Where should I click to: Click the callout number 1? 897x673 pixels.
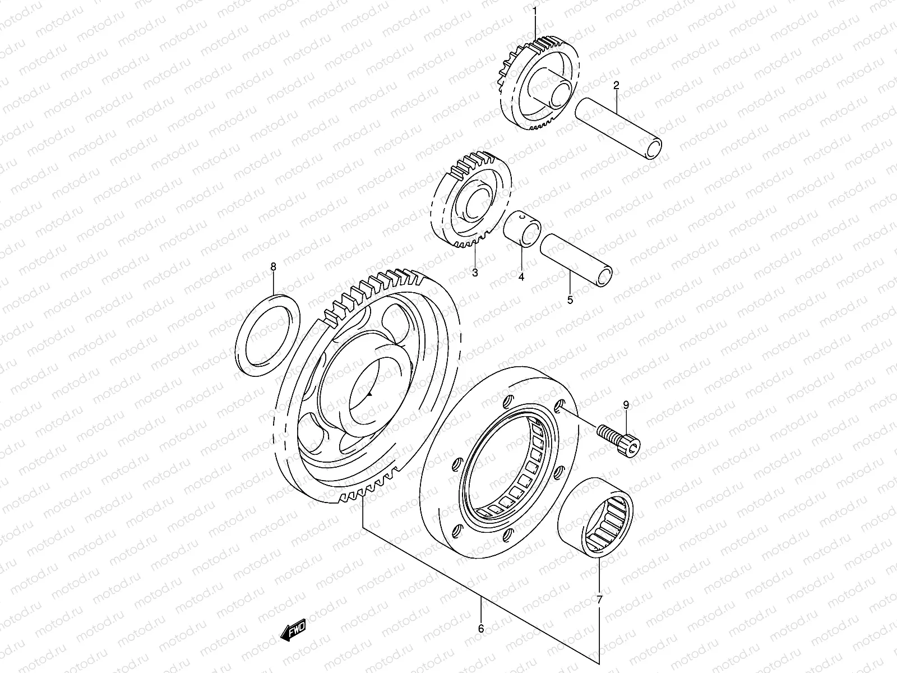click(534, 10)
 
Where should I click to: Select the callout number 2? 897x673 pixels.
click(616, 86)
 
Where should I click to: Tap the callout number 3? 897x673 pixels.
click(475, 273)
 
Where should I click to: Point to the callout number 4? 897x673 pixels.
click(521, 276)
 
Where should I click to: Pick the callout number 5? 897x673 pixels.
click(570, 300)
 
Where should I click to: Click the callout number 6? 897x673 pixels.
click(481, 629)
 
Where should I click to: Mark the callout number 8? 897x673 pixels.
click(274, 267)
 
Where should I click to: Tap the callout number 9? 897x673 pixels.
click(626, 404)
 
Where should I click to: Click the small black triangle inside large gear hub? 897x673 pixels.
click(369, 395)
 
